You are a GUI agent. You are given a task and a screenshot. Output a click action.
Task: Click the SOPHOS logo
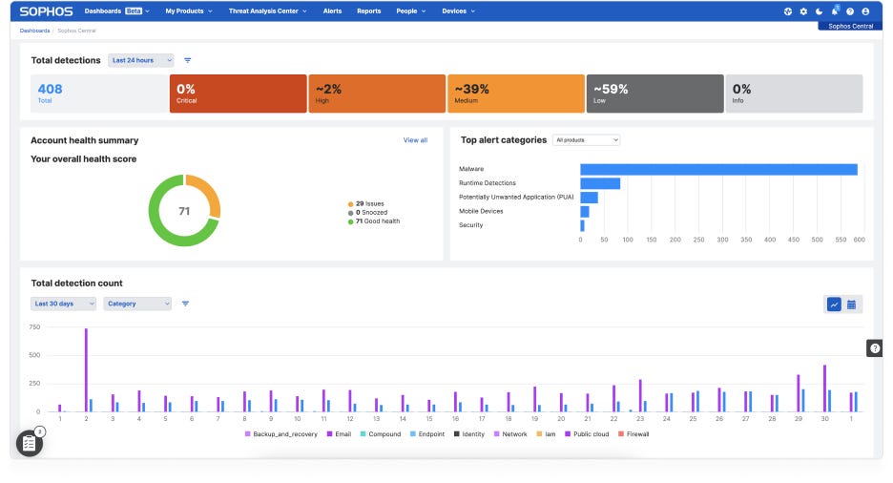(x=47, y=11)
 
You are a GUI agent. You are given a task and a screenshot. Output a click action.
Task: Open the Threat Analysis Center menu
(x=267, y=11)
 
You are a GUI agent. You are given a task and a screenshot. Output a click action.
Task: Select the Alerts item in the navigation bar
(x=332, y=11)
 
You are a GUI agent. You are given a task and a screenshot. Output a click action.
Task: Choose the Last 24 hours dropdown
(x=140, y=60)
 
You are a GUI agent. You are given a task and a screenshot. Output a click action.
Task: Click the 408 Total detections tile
(x=93, y=94)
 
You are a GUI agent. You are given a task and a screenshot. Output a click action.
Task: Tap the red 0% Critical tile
(x=237, y=94)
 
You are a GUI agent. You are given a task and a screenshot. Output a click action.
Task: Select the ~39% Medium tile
(x=515, y=94)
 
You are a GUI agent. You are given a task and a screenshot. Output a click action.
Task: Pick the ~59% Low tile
(x=654, y=94)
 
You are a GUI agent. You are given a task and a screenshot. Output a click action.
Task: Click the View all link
(x=415, y=140)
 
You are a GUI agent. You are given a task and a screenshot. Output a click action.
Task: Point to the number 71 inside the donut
(x=184, y=211)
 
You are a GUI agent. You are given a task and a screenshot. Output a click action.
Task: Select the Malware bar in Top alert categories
(x=717, y=169)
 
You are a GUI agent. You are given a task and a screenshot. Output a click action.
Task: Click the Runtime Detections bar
(x=600, y=183)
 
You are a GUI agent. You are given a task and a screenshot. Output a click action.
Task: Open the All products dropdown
(x=586, y=140)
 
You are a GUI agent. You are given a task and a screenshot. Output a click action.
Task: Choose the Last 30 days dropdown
(x=64, y=304)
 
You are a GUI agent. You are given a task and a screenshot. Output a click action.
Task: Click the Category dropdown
(x=137, y=304)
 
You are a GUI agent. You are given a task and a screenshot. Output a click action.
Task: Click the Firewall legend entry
(x=633, y=434)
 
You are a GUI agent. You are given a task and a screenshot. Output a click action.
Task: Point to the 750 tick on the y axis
(x=34, y=327)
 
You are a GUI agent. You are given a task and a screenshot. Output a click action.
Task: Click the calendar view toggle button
(x=852, y=304)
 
